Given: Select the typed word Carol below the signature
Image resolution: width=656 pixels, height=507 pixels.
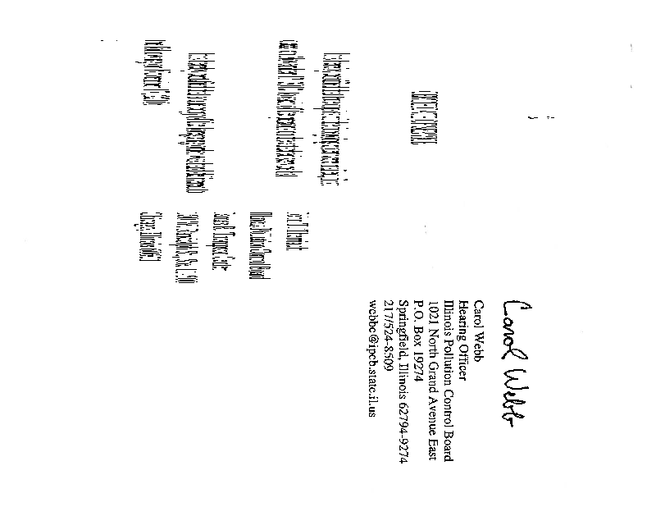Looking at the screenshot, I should click(x=482, y=307).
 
